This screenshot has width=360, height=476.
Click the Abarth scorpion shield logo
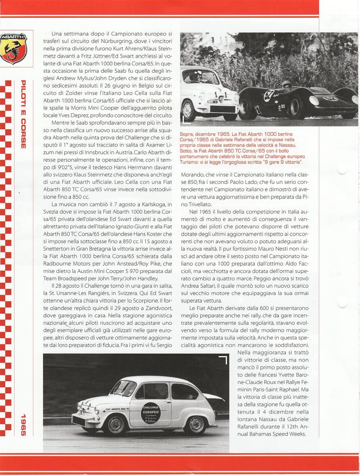pos(13,48)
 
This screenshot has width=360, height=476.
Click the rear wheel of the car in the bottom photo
pos(194,425)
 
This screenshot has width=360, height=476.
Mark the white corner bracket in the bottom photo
pos(223,360)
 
